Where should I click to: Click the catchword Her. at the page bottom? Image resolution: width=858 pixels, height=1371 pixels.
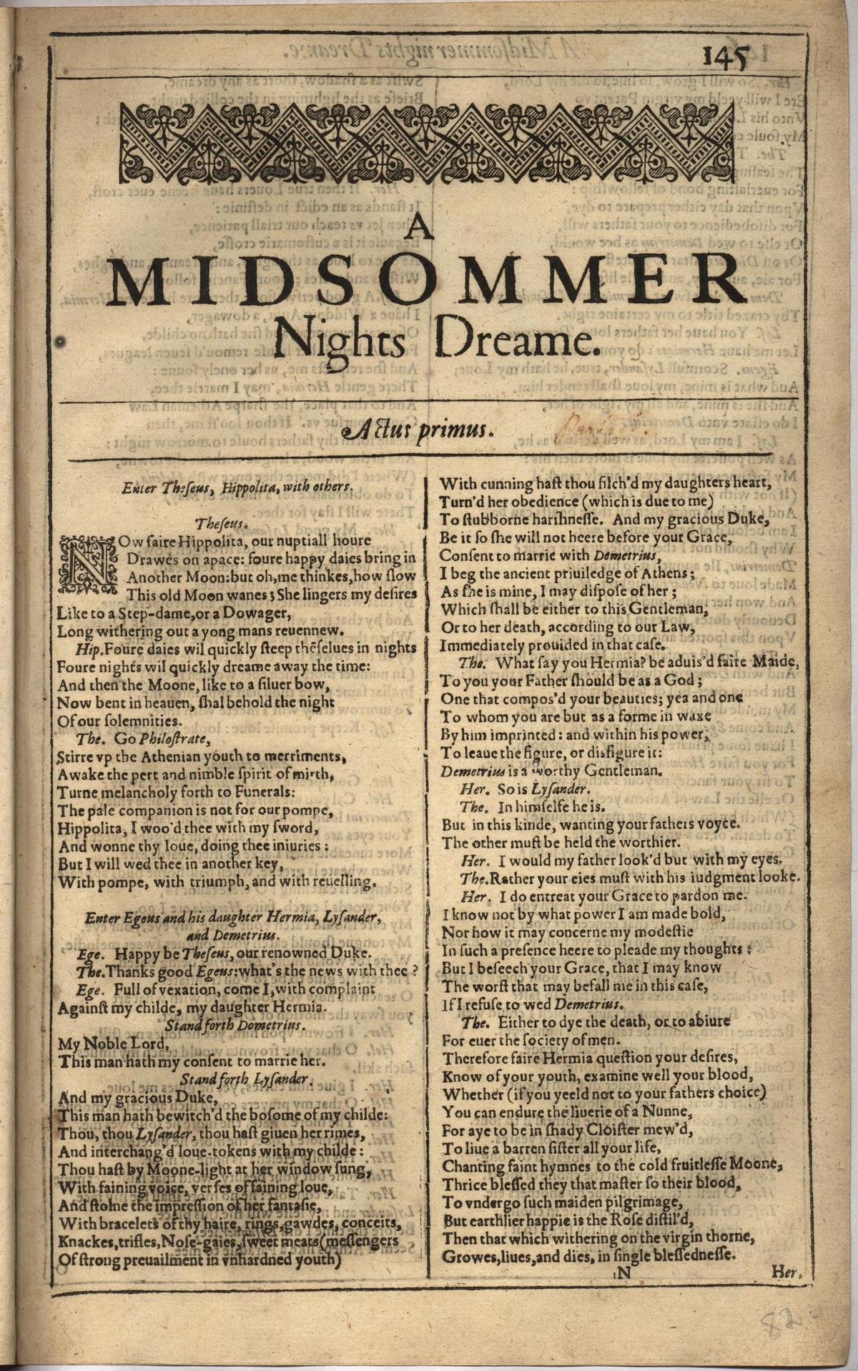pos(788,1272)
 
